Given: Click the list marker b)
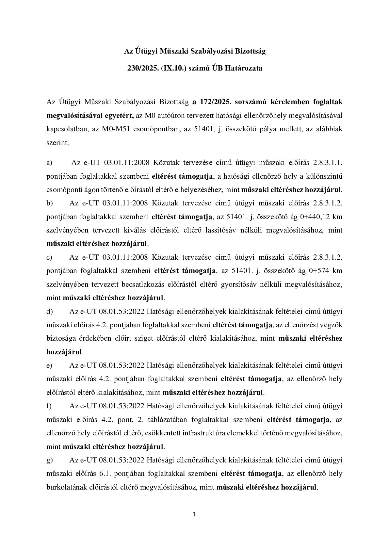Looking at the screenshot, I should point(50,203).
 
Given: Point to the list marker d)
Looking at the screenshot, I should point(50,312).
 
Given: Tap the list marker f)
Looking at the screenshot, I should point(49,406).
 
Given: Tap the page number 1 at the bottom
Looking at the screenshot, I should point(195,515).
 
